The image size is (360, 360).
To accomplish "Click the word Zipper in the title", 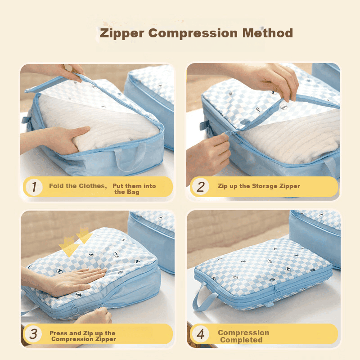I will click(x=122, y=34).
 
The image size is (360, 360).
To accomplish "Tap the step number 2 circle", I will click(x=200, y=186).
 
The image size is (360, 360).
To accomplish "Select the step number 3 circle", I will click(x=33, y=334).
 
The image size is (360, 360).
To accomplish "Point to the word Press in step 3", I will click(x=58, y=333).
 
